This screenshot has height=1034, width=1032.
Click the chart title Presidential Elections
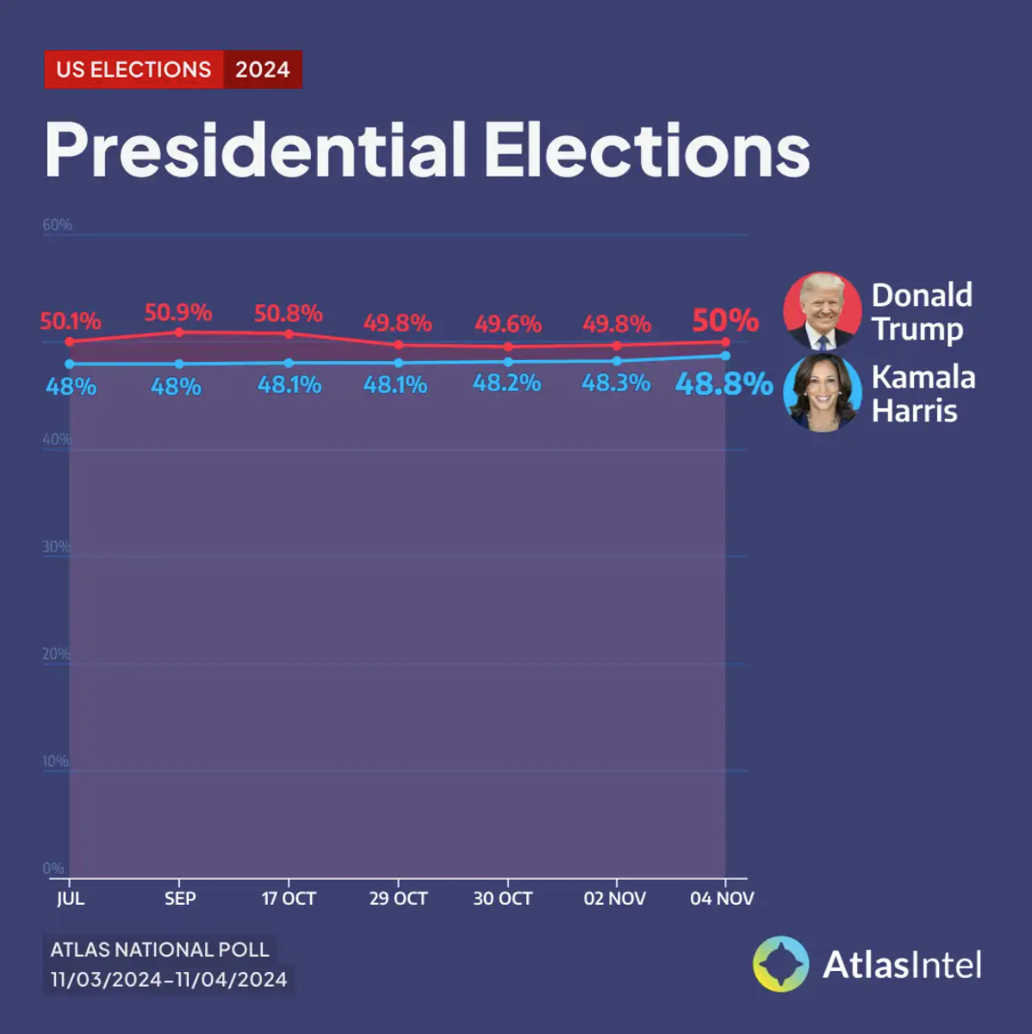(x=427, y=150)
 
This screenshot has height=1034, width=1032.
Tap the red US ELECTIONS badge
(x=134, y=70)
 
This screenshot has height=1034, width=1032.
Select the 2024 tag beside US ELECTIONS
(x=262, y=70)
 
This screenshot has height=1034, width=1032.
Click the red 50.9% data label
(x=178, y=312)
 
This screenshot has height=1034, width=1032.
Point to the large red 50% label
(x=725, y=321)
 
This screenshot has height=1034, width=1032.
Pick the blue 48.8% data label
(x=724, y=383)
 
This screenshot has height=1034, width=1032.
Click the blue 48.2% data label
(x=507, y=383)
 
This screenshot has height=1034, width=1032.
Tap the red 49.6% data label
(x=507, y=324)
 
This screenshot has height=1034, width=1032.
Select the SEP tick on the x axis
(x=180, y=898)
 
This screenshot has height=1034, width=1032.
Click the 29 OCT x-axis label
(x=398, y=898)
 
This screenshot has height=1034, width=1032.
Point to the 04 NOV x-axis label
(x=722, y=898)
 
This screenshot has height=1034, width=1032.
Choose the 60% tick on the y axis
(x=58, y=225)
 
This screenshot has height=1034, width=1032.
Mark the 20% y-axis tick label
(x=56, y=654)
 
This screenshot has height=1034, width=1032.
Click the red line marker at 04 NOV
(x=725, y=342)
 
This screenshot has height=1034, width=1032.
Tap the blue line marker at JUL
(x=70, y=364)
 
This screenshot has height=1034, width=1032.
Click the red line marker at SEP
(x=179, y=332)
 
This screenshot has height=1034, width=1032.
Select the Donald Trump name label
(x=921, y=311)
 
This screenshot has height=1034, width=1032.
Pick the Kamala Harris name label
(x=923, y=393)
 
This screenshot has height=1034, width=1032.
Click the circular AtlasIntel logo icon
(x=780, y=964)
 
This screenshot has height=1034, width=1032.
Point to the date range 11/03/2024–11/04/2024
(x=169, y=979)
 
